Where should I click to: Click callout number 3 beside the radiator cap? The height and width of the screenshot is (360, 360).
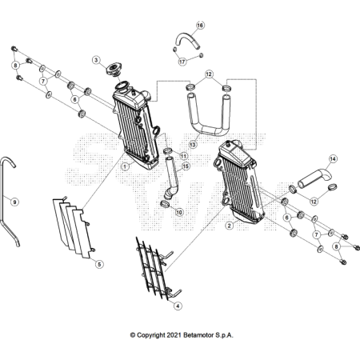pyautogui.click(x=96, y=60)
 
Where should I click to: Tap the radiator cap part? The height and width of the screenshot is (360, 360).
pyautogui.click(x=114, y=69)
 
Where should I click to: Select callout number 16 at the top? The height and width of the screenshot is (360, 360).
pyautogui.click(x=200, y=26)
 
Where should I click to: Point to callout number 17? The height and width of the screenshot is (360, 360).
pyautogui.click(x=182, y=62)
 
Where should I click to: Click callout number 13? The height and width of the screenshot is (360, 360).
pyautogui.click(x=193, y=145)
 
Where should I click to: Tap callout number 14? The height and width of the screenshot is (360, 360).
pyautogui.click(x=333, y=159)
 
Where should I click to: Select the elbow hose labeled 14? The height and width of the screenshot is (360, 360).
pyautogui.click(x=314, y=178)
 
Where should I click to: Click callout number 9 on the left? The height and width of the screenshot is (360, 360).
pyautogui.click(x=14, y=202)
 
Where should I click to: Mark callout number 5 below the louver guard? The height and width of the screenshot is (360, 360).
pyautogui.click(x=99, y=264)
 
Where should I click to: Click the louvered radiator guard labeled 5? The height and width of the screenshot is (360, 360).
pyautogui.click(x=74, y=228)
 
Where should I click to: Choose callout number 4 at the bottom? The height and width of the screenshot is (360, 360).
pyautogui.click(x=178, y=306)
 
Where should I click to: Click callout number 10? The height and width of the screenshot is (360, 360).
pyautogui.click(x=179, y=212)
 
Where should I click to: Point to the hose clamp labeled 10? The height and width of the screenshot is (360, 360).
pyautogui.click(x=165, y=205)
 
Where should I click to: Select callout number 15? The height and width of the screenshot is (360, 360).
pyautogui.click(x=186, y=166)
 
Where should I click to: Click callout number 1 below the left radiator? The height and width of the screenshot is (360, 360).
pyautogui.click(x=125, y=167)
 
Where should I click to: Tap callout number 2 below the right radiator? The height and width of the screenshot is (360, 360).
pyautogui.click(x=229, y=226)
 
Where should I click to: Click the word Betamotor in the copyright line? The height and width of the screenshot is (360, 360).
pyautogui.click(x=198, y=335)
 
